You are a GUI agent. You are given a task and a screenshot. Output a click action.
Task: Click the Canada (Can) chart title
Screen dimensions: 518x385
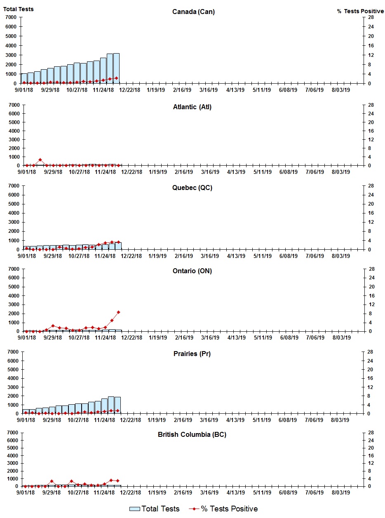tap(193, 12)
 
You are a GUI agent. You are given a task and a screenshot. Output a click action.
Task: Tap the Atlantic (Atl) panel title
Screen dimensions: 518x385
tap(192, 107)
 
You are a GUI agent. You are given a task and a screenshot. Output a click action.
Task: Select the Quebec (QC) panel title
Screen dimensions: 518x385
tap(192, 188)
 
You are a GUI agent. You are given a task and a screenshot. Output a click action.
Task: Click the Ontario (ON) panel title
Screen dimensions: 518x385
tap(192, 271)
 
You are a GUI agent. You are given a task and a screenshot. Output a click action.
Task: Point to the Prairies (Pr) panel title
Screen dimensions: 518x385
tap(192, 354)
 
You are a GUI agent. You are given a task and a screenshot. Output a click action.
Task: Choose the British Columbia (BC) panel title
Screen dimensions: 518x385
tap(192, 434)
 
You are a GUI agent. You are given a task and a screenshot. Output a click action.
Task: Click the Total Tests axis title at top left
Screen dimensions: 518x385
tap(19, 9)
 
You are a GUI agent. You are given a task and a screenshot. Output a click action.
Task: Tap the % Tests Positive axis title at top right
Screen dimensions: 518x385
tap(360, 11)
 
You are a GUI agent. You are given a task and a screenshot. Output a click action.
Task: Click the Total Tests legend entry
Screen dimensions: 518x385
tap(155, 509)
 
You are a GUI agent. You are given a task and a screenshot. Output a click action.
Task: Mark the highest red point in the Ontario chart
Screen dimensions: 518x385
tap(118, 312)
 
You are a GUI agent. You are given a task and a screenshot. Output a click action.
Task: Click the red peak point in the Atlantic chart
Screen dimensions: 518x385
tap(40, 159)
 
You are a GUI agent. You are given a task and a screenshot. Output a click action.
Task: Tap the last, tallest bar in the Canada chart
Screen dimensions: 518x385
tap(116, 68)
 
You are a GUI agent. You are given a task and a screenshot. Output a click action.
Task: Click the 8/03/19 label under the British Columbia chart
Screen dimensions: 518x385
tap(340, 492)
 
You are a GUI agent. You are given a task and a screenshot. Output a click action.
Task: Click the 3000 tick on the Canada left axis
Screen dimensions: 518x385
tap(11, 55)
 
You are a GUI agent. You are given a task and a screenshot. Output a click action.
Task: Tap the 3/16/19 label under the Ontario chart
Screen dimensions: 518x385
tap(210, 338)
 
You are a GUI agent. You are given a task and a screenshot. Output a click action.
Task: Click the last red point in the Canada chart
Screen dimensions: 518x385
tap(116, 78)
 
